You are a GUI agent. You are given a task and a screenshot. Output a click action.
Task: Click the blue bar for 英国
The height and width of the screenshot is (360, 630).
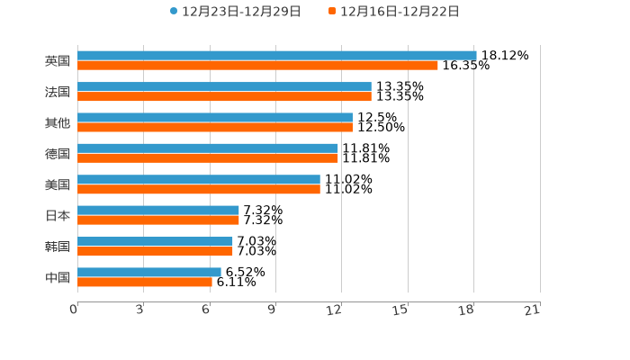point(277,56)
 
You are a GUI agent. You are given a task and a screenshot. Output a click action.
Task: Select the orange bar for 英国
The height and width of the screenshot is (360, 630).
point(257,66)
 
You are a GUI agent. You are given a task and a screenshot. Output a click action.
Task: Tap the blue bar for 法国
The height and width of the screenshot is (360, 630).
point(224,86)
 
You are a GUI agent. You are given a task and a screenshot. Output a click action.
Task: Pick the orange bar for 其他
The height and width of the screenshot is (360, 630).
point(215,128)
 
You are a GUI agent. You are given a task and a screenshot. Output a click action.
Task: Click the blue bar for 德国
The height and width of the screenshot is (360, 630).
point(208,148)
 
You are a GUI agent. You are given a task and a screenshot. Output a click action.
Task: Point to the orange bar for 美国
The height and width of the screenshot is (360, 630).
point(199,190)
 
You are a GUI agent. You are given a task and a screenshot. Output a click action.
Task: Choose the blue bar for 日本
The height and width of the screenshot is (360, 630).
point(158,210)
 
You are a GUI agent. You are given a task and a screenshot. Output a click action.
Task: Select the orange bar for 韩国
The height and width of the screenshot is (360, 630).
point(155,251)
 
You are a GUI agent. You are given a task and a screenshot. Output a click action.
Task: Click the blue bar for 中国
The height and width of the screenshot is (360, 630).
point(149,272)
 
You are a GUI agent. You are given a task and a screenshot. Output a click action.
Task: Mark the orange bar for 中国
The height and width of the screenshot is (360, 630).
point(145,282)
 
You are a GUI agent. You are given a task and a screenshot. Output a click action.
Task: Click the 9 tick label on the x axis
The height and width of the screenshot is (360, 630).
point(272,310)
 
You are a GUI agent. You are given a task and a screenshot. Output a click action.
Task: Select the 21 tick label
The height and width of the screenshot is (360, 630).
point(532,310)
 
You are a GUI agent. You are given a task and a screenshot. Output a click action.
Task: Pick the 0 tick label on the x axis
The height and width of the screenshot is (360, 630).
point(74,310)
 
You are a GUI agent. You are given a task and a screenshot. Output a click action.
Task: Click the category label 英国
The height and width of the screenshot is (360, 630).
point(58,61)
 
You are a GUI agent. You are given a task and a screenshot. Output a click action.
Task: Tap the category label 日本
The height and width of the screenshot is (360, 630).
point(58,216)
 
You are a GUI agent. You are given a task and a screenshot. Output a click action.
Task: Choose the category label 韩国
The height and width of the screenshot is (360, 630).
point(58,247)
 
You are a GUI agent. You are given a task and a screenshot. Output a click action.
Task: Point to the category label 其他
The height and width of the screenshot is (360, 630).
point(58,122)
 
